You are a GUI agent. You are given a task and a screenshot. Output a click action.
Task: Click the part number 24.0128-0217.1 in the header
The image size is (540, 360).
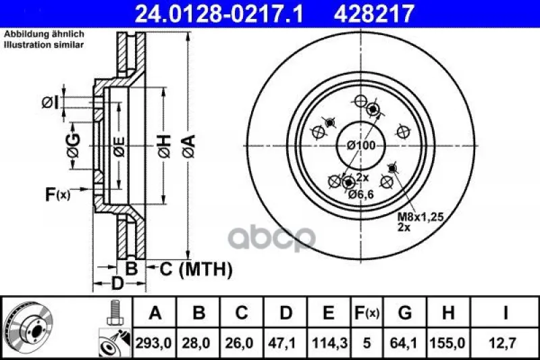pyautogui.click(x=219, y=14)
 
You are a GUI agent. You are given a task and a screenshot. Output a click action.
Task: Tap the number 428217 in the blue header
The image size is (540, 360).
pyautogui.click(x=374, y=14)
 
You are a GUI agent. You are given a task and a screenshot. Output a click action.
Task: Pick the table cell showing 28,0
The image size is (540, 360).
pyautogui.click(x=198, y=343)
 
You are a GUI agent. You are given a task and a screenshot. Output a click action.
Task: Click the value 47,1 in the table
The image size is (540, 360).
pyautogui.click(x=286, y=343)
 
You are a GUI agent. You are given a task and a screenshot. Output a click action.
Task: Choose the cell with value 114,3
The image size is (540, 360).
pyautogui.click(x=329, y=343)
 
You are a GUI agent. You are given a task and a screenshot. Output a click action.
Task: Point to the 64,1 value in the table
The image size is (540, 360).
pyautogui.click(x=405, y=343)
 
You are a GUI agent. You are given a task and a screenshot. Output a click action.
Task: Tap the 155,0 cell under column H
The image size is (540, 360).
pyautogui.click(x=448, y=343)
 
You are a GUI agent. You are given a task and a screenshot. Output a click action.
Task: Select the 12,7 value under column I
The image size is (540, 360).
pyautogui.click(x=504, y=343)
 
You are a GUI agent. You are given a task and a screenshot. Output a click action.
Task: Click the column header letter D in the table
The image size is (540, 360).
pyautogui.click(x=286, y=313)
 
